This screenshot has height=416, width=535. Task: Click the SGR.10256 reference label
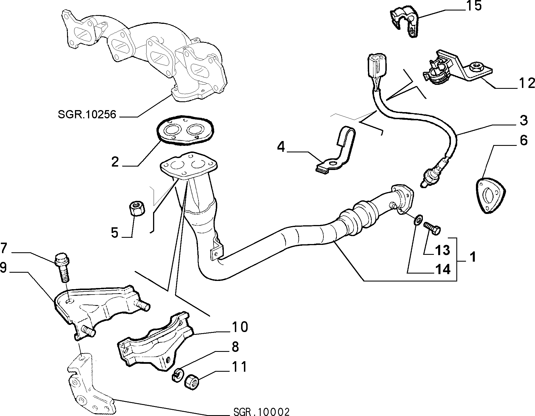[87, 114]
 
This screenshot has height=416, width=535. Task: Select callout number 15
[473, 6]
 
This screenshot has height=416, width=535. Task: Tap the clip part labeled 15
[405, 21]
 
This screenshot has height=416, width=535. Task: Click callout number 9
[3, 268]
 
